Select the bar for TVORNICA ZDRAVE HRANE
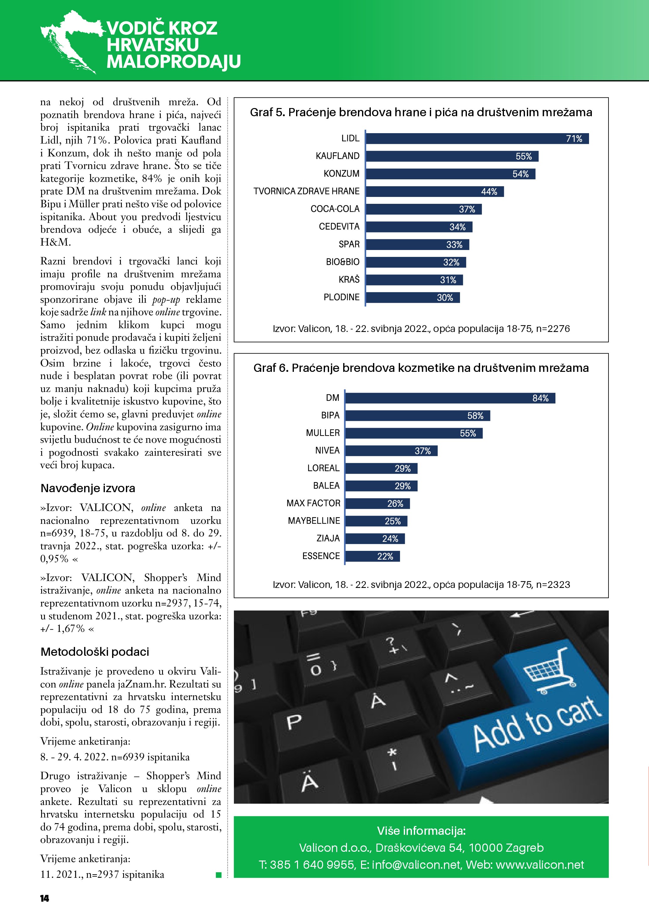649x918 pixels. point(435,192)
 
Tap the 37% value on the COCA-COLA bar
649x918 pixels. point(467,209)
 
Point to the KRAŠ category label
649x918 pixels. point(349,280)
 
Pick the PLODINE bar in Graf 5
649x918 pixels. point(413,297)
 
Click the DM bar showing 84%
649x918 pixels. point(450,398)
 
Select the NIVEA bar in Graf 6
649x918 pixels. point(391,451)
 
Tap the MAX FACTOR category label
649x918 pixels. point(313,503)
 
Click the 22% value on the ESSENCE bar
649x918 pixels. point(385,556)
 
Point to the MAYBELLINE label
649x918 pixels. point(314,521)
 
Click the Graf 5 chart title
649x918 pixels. point(421,112)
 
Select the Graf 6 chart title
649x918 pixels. point(421,368)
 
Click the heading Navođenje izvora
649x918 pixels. point(88,488)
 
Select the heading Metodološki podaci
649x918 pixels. point(95,652)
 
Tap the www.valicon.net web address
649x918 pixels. point(539,865)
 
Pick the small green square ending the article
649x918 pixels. point(219,875)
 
